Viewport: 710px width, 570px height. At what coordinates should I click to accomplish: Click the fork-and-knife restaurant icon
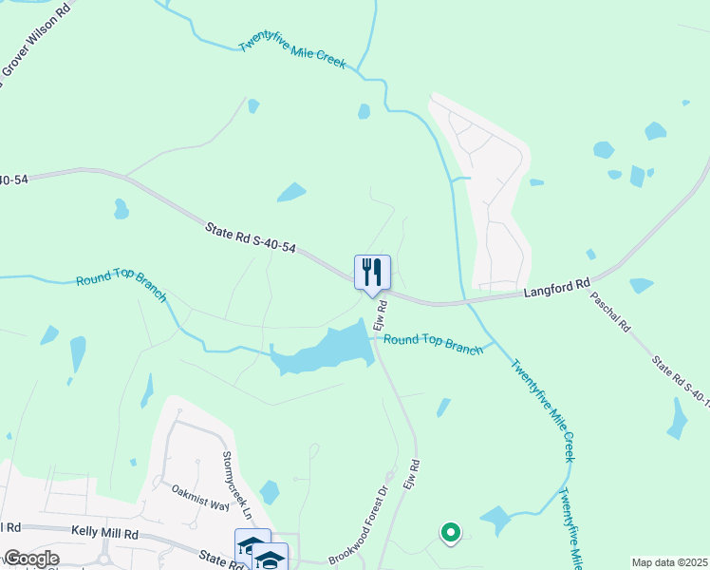tap(373, 272)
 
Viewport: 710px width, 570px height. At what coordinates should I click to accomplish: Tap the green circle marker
tap(450, 533)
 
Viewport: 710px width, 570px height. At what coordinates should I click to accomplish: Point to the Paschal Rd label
tap(610, 312)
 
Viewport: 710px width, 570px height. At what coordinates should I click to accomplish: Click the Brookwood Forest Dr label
tap(360, 524)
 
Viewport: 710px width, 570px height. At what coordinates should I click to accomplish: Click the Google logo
tap(30, 558)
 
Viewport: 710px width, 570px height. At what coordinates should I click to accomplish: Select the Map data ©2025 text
tap(668, 562)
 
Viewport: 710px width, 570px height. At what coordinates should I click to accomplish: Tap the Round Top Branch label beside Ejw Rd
tap(433, 343)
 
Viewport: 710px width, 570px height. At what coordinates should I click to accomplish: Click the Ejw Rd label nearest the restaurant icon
tap(382, 318)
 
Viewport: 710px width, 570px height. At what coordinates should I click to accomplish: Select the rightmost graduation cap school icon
tap(271, 559)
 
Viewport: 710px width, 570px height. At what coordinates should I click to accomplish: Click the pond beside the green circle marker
tap(495, 520)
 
